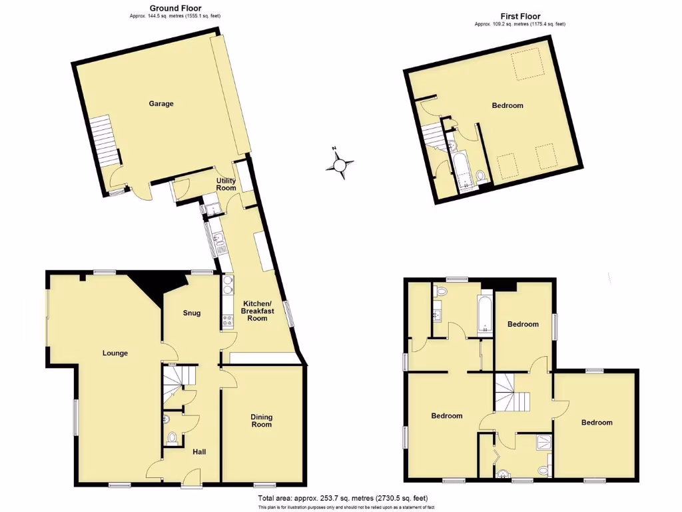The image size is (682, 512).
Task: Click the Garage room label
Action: pyautogui.click(x=161, y=104)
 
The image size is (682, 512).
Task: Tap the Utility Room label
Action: pyautogui.click(x=226, y=184)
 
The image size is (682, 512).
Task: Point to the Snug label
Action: pyautogui.click(x=192, y=313)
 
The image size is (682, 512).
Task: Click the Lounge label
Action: pyautogui.click(x=115, y=353)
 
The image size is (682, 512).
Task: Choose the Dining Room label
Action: pyautogui.click(x=262, y=421)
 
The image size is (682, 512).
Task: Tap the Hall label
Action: pyautogui.click(x=199, y=452)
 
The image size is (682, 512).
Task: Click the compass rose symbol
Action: pyautogui.click(x=340, y=163)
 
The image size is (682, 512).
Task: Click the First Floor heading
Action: pyautogui.click(x=520, y=16)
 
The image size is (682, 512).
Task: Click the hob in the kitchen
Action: pyautogui.click(x=226, y=321)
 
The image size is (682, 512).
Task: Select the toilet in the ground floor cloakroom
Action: pyautogui.click(x=172, y=438)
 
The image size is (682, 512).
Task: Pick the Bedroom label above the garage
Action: pyautogui.click(x=508, y=105)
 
